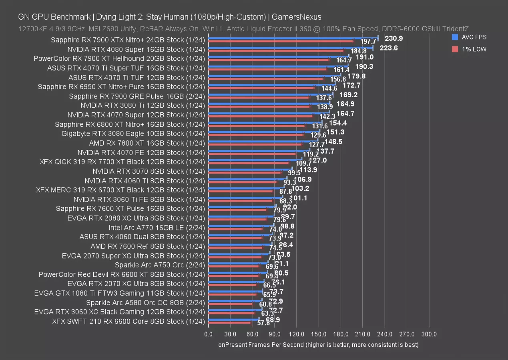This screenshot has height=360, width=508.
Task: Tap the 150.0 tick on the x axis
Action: click(319, 334)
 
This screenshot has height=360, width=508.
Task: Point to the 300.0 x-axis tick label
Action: click(429, 334)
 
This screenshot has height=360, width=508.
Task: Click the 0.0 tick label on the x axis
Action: click(208, 334)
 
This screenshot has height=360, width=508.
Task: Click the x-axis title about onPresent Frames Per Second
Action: click(318, 344)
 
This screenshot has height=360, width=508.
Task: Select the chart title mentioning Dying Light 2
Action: click(170, 17)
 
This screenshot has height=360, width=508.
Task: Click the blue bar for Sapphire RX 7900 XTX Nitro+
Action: click(293, 38)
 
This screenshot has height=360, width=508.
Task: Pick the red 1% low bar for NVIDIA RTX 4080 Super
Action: click(276, 50)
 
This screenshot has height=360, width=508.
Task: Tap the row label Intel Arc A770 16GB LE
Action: click(157, 228)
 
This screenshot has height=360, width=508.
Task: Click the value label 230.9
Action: click(394, 38)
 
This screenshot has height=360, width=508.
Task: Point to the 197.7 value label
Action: click(368, 42)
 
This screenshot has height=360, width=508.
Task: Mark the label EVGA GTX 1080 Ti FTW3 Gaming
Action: click(120, 293)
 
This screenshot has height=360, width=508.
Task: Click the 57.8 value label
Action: click(263, 323)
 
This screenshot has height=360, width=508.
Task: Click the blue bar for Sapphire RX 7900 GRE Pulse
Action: click(271, 94)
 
